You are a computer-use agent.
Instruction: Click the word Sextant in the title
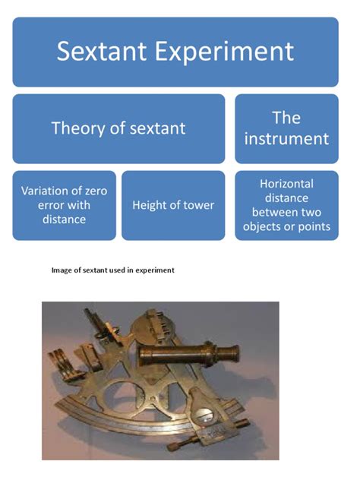click(x=102, y=51)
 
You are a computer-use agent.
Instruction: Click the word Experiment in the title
click(x=224, y=52)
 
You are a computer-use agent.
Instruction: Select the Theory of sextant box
click(x=118, y=128)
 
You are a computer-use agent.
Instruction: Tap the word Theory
click(x=77, y=128)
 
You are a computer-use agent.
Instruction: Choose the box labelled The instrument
click(x=286, y=128)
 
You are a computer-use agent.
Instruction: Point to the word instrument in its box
click(x=286, y=139)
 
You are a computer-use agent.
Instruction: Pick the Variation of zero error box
click(x=65, y=205)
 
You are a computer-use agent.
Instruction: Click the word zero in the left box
click(x=96, y=191)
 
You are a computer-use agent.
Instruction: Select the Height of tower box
click(x=173, y=205)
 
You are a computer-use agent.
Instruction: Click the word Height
click(x=147, y=205)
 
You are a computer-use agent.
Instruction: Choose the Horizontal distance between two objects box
click(x=286, y=205)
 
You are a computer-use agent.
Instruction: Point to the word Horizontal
click(x=286, y=184)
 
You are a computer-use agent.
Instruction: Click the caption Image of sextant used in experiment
click(x=113, y=270)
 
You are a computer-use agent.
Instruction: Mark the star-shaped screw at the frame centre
click(x=153, y=399)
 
